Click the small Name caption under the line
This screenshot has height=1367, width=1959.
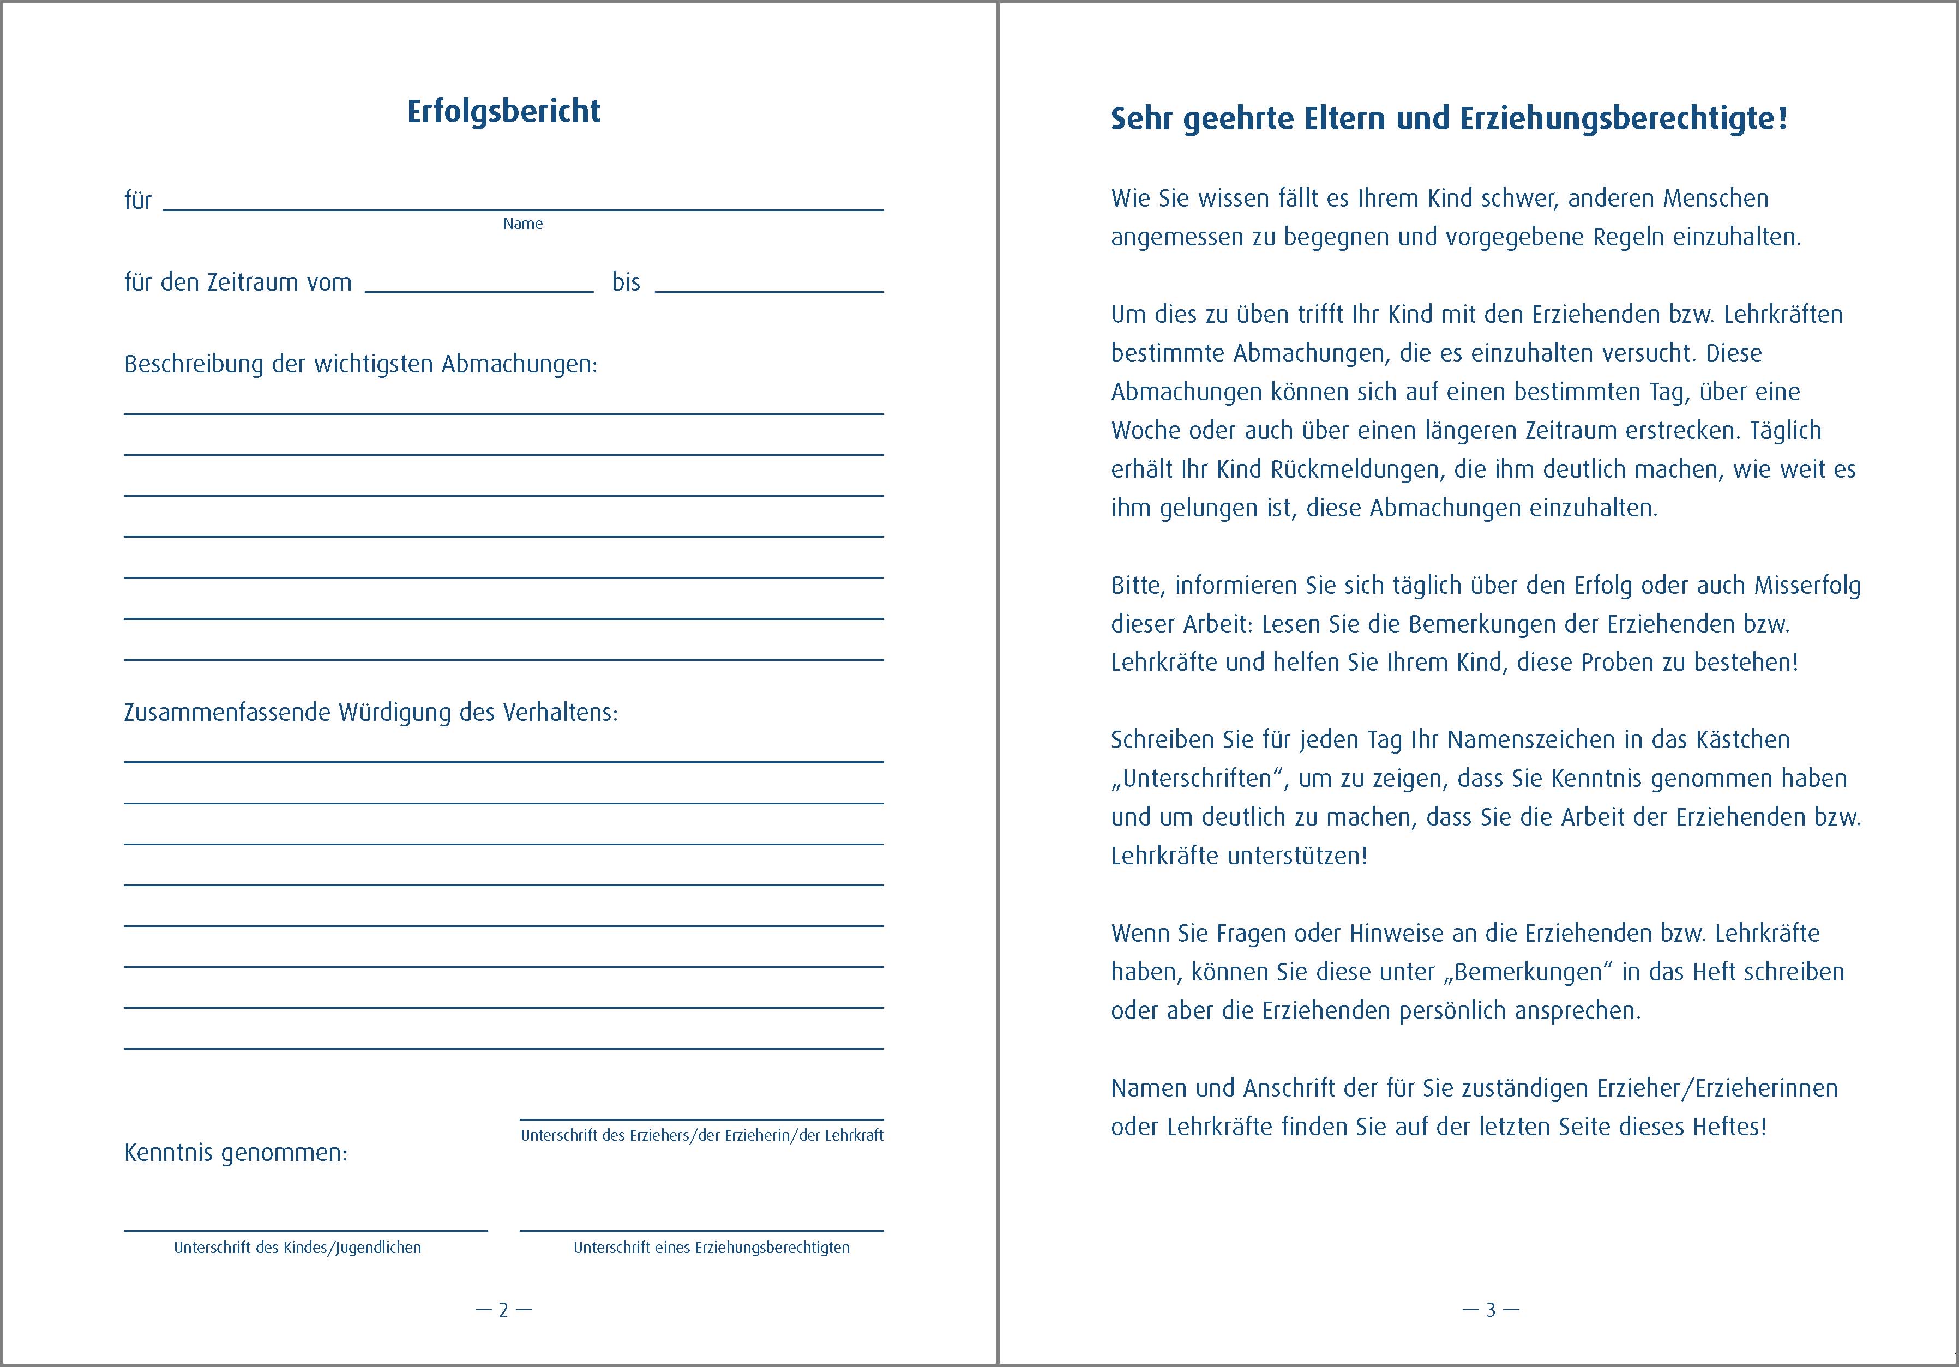pyautogui.click(x=522, y=224)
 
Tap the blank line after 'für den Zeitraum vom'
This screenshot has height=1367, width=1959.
pyautogui.click(x=479, y=286)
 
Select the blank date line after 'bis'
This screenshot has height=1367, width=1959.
pyautogui.click(x=769, y=286)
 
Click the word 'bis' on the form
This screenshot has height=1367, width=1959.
pyautogui.click(x=626, y=282)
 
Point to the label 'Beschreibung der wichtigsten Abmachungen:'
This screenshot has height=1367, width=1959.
pyautogui.click(x=360, y=364)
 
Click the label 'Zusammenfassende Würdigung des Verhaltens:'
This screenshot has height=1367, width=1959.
pyautogui.click(x=370, y=713)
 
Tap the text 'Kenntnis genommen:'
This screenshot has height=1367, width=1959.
pyautogui.click(x=236, y=1153)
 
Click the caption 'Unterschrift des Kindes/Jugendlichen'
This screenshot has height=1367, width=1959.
pyautogui.click(x=297, y=1248)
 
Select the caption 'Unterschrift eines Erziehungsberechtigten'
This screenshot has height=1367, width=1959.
pyautogui.click(x=711, y=1248)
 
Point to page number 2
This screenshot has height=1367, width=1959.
pyautogui.click(x=503, y=1310)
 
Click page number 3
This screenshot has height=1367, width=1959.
pyautogui.click(x=1491, y=1310)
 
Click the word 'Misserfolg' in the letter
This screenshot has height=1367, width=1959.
pyautogui.click(x=1807, y=586)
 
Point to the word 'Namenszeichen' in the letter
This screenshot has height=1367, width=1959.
pyautogui.click(x=1531, y=740)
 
